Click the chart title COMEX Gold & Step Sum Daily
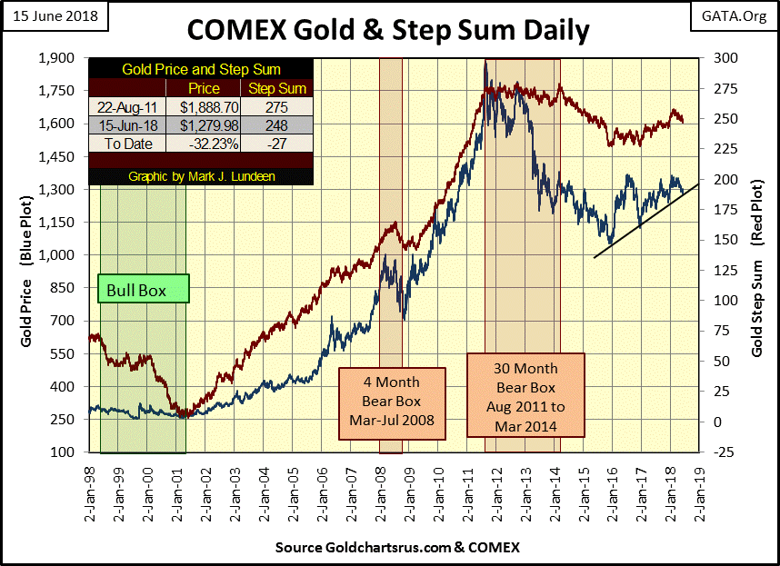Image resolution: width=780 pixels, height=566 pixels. (388, 29)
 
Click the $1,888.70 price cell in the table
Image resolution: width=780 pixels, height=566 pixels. (204, 106)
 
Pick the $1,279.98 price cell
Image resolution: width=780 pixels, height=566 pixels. (204, 125)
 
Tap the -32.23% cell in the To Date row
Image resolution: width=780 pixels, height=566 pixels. (204, 144)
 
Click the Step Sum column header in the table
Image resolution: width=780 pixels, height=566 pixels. (278, 88)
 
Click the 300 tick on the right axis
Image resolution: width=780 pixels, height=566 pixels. (720, 58)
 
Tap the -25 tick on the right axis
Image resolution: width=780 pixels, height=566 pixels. (720, 452)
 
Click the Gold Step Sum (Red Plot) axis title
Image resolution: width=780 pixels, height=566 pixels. (756, 255)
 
